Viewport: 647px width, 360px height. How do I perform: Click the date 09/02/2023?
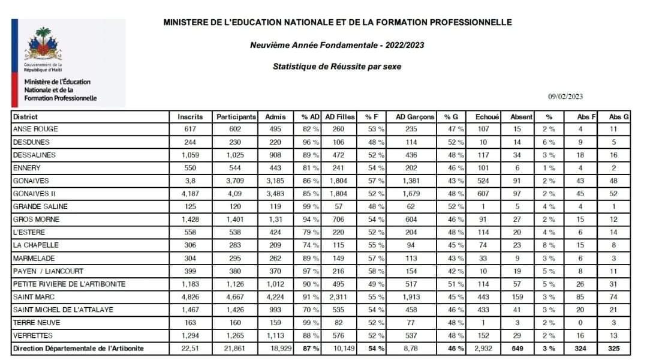point(565,97)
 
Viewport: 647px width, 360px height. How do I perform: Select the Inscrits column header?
point(190,117)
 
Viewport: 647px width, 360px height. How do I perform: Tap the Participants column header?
point(236,117)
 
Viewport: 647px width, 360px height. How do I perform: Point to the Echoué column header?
point(486,117)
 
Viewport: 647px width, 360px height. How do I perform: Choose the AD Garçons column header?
point(415,117)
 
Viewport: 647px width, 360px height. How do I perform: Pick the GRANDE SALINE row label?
point(37,206)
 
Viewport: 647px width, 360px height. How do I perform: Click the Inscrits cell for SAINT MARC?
point(190,296)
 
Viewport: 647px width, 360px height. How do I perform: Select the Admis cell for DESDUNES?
point(275,142)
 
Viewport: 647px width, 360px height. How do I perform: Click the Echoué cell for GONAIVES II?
point(486,194)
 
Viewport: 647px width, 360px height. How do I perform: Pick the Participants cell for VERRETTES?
point(236,335)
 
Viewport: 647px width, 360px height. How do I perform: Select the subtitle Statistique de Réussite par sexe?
point(337,67)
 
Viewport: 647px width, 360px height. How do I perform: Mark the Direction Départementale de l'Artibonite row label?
point(78,349)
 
